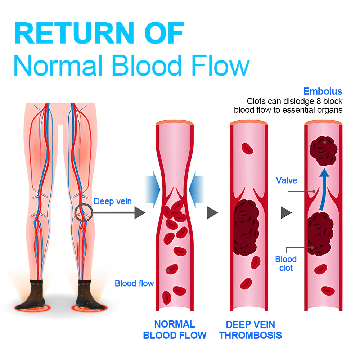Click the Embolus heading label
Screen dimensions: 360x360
click(x=323, y=91)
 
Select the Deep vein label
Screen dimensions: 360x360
click(x=113, y=201)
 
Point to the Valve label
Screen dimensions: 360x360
click(x=287, y=180)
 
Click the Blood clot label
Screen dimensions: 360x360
click(x=286, y=264)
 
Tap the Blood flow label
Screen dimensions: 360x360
click(x=134, y=283)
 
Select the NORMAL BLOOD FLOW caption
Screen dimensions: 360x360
click(x=175, y=330)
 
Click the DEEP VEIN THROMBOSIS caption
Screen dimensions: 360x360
click(x=251, y=330)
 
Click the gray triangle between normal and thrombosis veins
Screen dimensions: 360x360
click(x=212, y=213)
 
